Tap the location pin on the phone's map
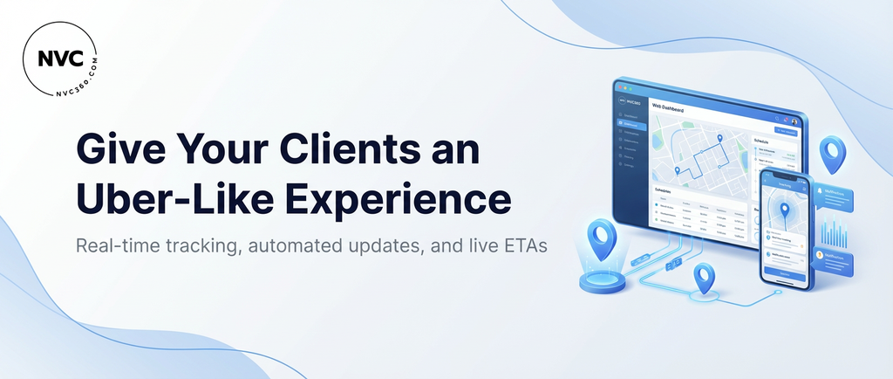click(x=785, y=210)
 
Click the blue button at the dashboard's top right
click(x=786, y=131)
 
